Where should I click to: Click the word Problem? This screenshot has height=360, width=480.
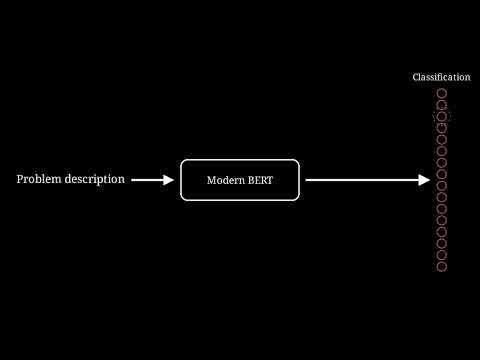point(39,179)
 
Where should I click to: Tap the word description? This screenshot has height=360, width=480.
point(95,180)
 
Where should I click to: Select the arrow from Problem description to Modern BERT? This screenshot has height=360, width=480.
point(153,180)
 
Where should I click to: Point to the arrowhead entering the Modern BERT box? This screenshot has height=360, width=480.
point(169,180)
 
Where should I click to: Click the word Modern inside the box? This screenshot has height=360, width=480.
point(226,180)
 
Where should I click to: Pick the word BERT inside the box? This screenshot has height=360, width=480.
point(260,180)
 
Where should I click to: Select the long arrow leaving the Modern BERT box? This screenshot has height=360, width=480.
point(368,180)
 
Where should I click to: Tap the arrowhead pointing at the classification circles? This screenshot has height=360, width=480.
point(424,180)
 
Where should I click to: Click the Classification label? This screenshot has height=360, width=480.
point(441,77)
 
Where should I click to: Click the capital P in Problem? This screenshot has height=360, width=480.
point(20,179)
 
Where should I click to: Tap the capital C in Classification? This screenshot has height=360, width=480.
point(416,77)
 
